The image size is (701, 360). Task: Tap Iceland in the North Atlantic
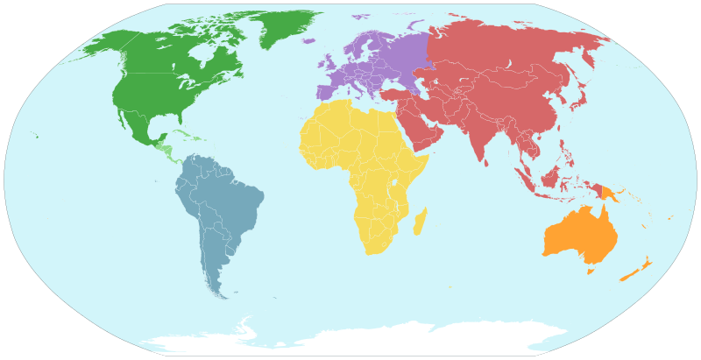click(x=308, y=40)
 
